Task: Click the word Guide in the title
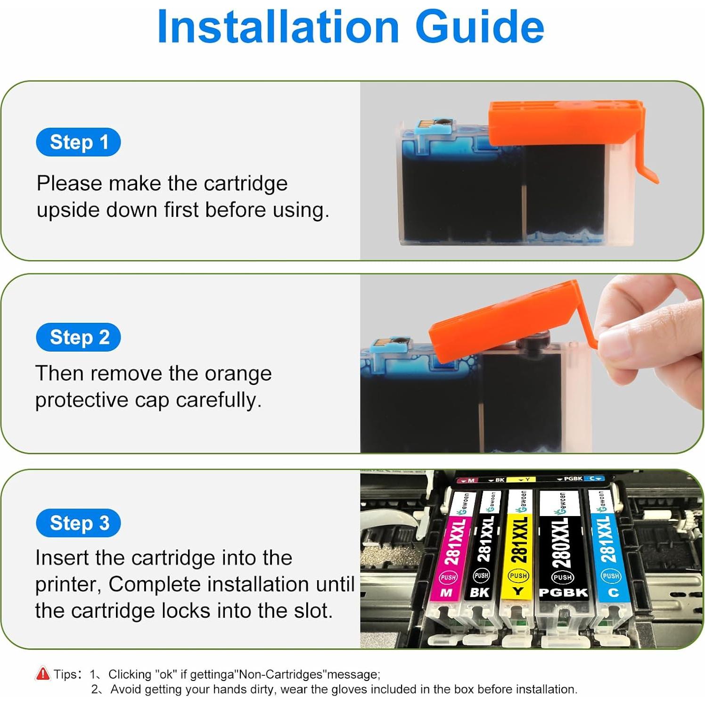tap(480, 26)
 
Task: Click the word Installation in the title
tap(278, 26)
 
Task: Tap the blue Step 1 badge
tap(78, 142)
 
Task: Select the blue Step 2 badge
tap(78, 337)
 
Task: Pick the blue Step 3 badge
tap(78, 523)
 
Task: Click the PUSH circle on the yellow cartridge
tap(518, 575)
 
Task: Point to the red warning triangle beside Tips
tap(42, 673)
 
